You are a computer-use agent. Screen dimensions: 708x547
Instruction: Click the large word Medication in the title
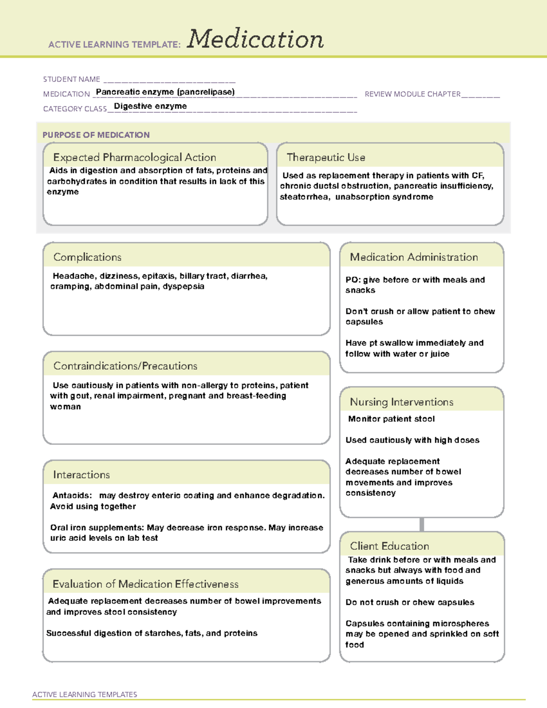(x=255, y=39)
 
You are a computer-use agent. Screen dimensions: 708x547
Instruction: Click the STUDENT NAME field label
(x=72, y=79)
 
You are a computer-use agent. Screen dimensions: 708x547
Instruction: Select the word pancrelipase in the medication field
(x=206, y=92)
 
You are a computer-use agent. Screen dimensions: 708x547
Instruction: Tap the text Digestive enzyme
(x=150, y=106)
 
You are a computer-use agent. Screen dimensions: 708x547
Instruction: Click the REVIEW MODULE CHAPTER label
(x=413, y=94)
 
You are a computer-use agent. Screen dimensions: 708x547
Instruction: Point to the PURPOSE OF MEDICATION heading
(x=96, y=135)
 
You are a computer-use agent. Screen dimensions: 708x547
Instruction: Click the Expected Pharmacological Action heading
(x=134, y=157)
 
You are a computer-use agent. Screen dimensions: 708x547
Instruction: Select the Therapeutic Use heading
(x=326, y=157)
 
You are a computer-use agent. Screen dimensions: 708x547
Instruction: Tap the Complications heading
(x=88, y=257)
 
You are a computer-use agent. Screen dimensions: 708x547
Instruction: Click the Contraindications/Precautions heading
(x=125, y=366)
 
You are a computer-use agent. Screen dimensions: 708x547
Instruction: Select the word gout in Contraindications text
(x=80, y=396)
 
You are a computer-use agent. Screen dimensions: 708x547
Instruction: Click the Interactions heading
(x=82, y=475)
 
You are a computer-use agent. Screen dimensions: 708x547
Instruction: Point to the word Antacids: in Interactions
(x=72, y=496)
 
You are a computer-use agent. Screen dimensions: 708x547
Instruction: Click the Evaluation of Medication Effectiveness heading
(x=145, y=584)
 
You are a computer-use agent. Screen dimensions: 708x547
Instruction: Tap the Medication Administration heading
(x=414, y=257)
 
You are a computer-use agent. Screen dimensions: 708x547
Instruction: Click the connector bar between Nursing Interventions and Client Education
(x=422, y=524)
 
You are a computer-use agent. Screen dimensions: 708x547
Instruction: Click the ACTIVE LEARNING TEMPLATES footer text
(x=85, y=694)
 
